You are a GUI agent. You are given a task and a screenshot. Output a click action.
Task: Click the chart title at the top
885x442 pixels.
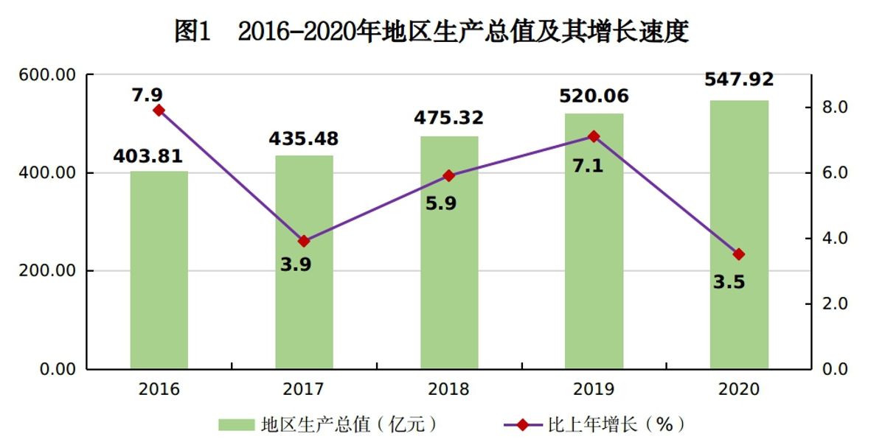(x=431, y=32)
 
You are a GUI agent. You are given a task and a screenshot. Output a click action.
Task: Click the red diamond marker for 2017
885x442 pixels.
(x=304, y=241)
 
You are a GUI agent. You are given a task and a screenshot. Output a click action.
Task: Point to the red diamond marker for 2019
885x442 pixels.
(x=594, y=136)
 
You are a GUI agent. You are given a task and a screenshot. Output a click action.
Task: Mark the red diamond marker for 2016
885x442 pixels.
(x=159, y=110)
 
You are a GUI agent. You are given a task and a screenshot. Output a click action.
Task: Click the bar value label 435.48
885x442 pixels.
(x=303, y=138)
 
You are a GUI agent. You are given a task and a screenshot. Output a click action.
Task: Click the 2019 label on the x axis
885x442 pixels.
(x=594, y=390)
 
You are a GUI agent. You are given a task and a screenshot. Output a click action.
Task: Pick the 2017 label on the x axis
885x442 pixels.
(x=304, y=390)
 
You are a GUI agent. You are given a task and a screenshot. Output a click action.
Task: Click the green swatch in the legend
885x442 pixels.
(x=236, y=424)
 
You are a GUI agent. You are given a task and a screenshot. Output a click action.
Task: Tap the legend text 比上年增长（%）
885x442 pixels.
(x=616, y=424)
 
